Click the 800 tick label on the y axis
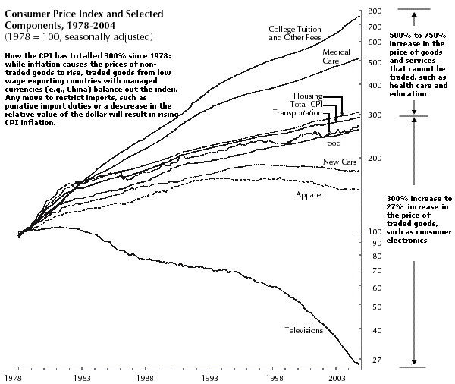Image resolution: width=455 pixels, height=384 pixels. [x=374, y=11]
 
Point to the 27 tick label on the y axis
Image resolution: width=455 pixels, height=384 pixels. [x=372, y=360]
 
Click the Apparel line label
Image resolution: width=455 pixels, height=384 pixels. [x=309, y=195]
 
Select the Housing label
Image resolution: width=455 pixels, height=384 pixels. [x=308, y=96]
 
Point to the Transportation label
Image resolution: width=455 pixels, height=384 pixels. [x=298, y=112]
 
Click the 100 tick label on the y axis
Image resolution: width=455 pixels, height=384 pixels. [x=374, y=231]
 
